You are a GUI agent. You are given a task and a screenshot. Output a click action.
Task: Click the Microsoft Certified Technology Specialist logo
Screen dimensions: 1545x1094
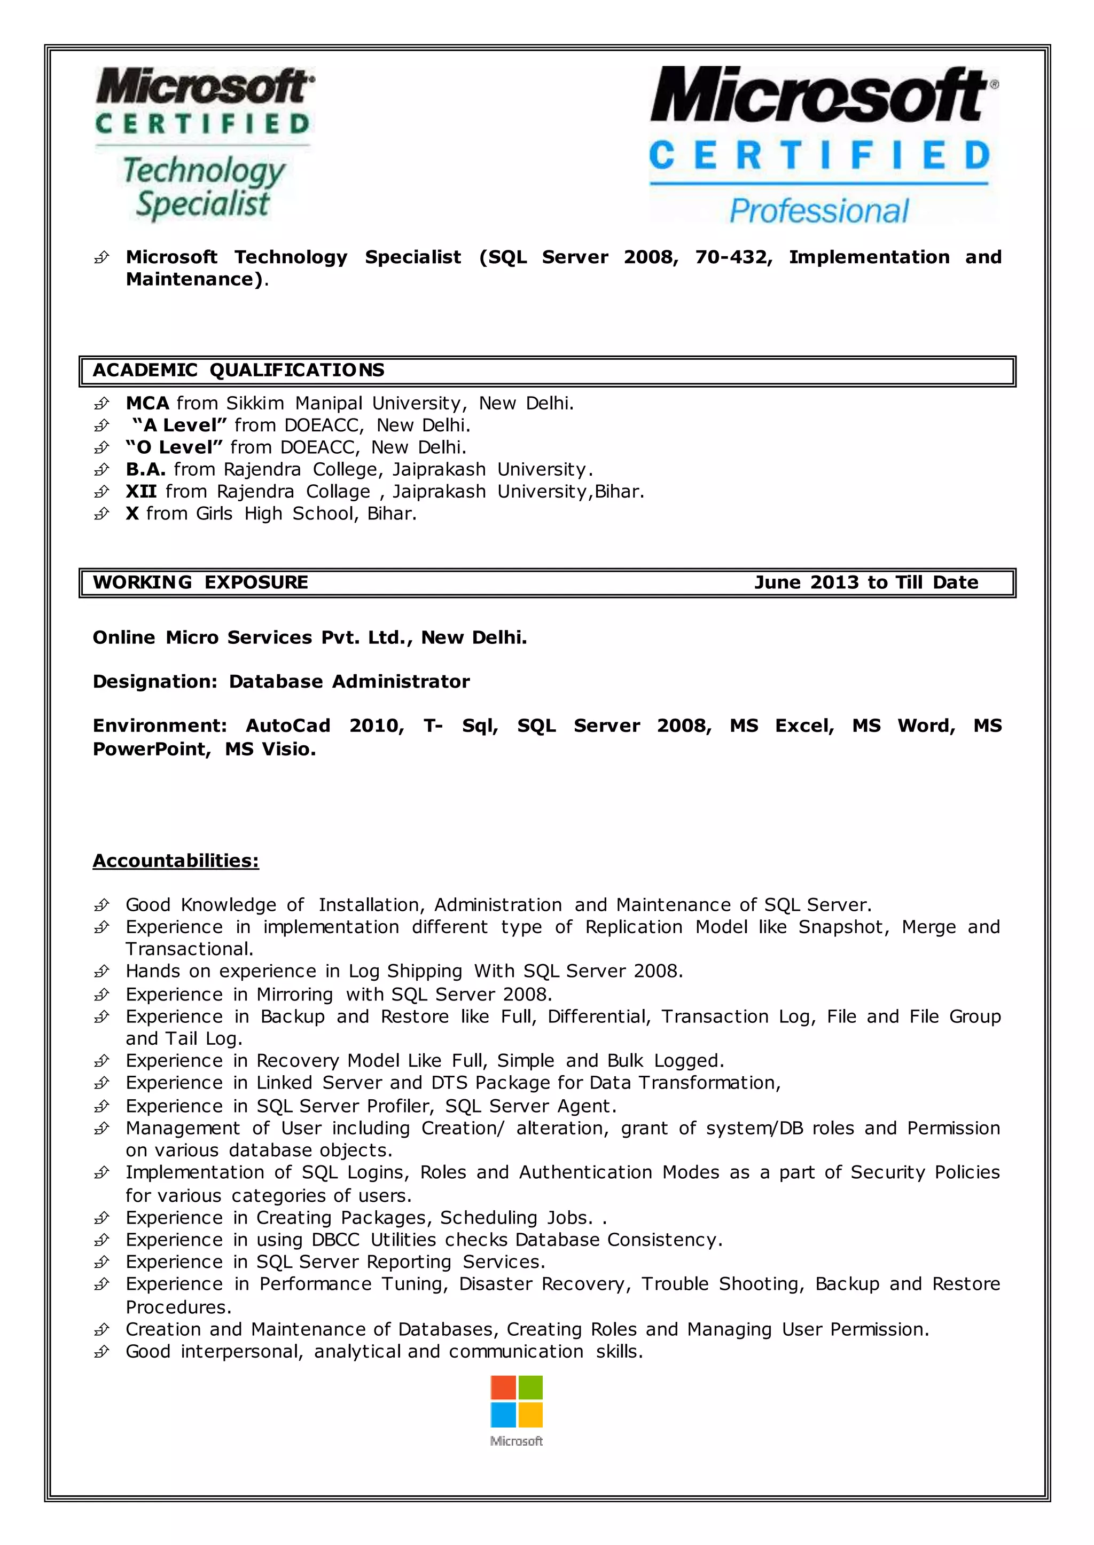pyautogui.click(x=204, y=144)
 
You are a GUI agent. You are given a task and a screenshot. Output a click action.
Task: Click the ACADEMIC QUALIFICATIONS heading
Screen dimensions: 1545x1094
pyautogui.click(x=238, y=371)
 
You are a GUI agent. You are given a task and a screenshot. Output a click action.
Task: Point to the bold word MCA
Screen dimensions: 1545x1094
pyautogui.click(x=147, y=403)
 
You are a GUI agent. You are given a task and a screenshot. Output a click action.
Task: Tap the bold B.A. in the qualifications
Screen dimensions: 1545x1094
pyautogui.click(x=145, y=469)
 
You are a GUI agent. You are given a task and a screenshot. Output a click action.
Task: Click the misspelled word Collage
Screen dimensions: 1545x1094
pyautogui.click(x=338, y=492)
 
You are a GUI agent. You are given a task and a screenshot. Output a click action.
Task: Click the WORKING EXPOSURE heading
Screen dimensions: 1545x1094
pyautogui.click(x=200, y=582)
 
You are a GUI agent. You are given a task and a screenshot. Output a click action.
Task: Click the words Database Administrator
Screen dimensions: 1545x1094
pyautogui.click(x=349, y=682)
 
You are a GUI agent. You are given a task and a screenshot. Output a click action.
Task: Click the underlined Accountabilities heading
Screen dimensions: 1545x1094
pyautogui.click(x=176, y=861)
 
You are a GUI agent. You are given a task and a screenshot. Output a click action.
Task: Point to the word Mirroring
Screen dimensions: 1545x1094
pyautogui.click(x=294, y=995)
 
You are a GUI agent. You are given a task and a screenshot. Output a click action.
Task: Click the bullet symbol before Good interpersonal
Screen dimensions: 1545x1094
pyautogui.click(x=101, y=1351)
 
